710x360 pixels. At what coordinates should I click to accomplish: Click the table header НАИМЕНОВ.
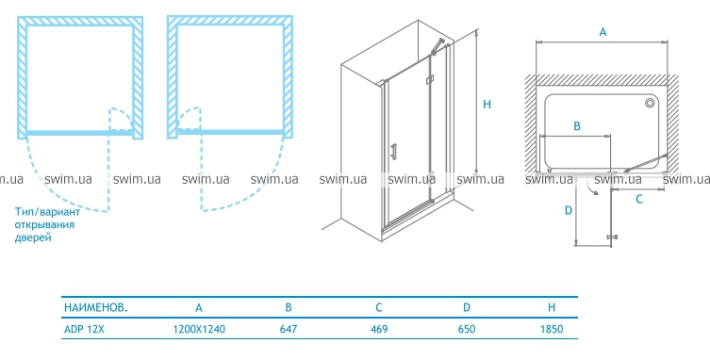coord(95,307)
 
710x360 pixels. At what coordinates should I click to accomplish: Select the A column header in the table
coord(199,308)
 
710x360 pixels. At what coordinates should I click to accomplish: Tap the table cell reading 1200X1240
coord(199,329)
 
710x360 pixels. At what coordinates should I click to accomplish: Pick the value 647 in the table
coord(289,329)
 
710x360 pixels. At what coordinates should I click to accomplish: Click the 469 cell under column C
coord(379,329)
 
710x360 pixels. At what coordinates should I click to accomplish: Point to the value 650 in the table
coord(467,329)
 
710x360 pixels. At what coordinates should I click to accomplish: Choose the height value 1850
coord(552,329)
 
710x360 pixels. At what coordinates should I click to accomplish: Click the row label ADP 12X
coord(84,329)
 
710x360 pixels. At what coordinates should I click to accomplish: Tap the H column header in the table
coord(552,308)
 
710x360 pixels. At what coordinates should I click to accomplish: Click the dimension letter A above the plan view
coord(603,32)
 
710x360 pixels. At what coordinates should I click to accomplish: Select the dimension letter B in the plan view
coord(577,126)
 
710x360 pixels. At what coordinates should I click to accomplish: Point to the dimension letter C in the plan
coord(639,199)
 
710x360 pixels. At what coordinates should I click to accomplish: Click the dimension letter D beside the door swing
coord(569,210)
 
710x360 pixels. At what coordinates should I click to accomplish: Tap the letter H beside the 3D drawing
coord(487,105)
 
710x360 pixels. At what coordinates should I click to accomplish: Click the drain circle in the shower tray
coord(651,104)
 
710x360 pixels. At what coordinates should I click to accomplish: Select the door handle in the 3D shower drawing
coord(394,151)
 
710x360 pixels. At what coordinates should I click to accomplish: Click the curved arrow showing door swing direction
coord(592,188)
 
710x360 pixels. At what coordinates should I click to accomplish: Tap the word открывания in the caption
coord(44,224)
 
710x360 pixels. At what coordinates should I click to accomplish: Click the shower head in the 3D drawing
coord(438,46)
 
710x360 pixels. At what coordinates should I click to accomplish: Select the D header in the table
coord(467,308)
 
